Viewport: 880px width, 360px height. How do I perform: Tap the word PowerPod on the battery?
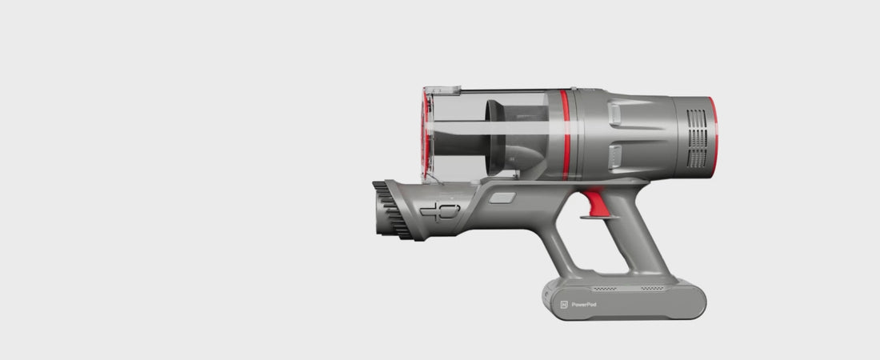click(x=584, y=305)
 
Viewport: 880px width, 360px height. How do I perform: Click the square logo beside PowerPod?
click(x=564, y=305)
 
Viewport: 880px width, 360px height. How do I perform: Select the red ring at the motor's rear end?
click(x=714, y=138)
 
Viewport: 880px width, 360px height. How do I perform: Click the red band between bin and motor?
click(x=565, y=134)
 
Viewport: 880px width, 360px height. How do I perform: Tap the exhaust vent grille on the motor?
click(x=697, y=138)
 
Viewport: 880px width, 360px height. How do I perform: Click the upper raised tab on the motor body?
click(x=615, y=114)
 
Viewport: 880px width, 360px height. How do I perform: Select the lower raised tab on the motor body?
click(x=615, y=158)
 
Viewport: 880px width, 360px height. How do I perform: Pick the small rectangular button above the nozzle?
click(x=502, y=198)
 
